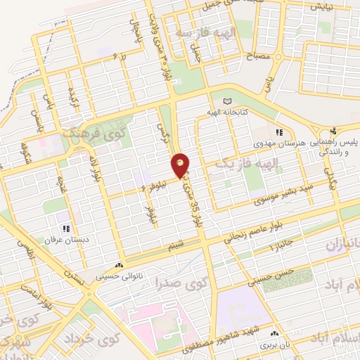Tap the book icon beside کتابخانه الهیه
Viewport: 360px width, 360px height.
226,103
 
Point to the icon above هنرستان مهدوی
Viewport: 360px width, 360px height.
279,132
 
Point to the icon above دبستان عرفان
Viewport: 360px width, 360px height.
66,228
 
